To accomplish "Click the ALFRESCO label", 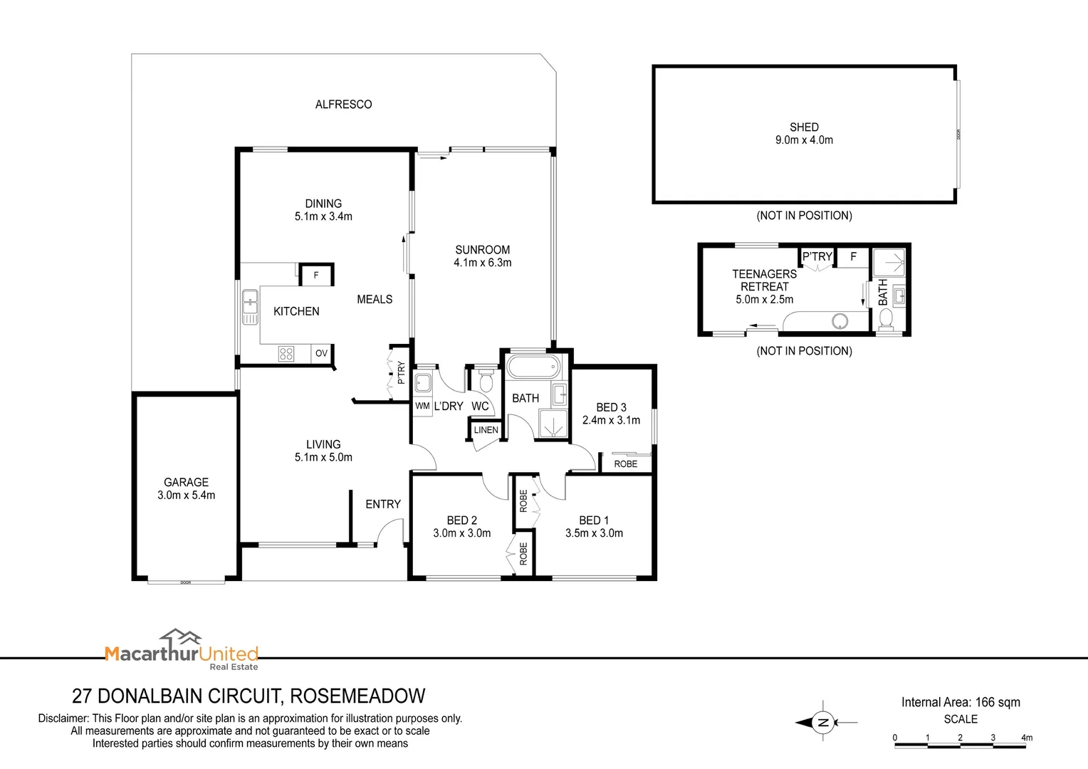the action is pyautogui.click(x=343, y=105).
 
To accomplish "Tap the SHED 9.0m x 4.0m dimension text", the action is pyautogui.click(x=804, y=140).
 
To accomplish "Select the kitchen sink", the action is pyautogui.click(x=250, y=306).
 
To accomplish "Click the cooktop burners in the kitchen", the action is pyautogui.click(x=286, y=354).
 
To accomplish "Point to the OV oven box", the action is pyautogui.click(x=322, y=353).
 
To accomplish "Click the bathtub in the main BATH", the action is pyautogui.click(x=533, y=367).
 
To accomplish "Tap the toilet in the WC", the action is pyautogui.click(x=486, y=380).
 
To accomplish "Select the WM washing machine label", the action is pyautogui.click(x=422, y=406).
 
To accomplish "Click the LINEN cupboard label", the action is pyautogui.click(x=486, y=430).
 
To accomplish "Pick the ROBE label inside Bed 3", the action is pyautogui.click(x=626, y=464).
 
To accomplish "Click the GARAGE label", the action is pyautogui.click(x=186, y=482).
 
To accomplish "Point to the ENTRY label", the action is pyautogui.click(x=383, y=504).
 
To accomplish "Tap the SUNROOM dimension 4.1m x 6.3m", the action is pyautogui.click(x=482, y=263).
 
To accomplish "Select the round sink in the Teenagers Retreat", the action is pyautogui.click(x=840, y=321).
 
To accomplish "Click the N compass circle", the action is pyautogui.click(x=823, y=723).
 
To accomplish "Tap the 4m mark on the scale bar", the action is pyautogui.click(x=1026, y=738).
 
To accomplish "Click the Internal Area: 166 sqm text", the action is pyautogui.click(x=961, y=702).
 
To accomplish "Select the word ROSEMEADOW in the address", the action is pyautogui.click(x=357, y=696).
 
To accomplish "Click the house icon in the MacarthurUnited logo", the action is pyautogui.click(x=181, y=637).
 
